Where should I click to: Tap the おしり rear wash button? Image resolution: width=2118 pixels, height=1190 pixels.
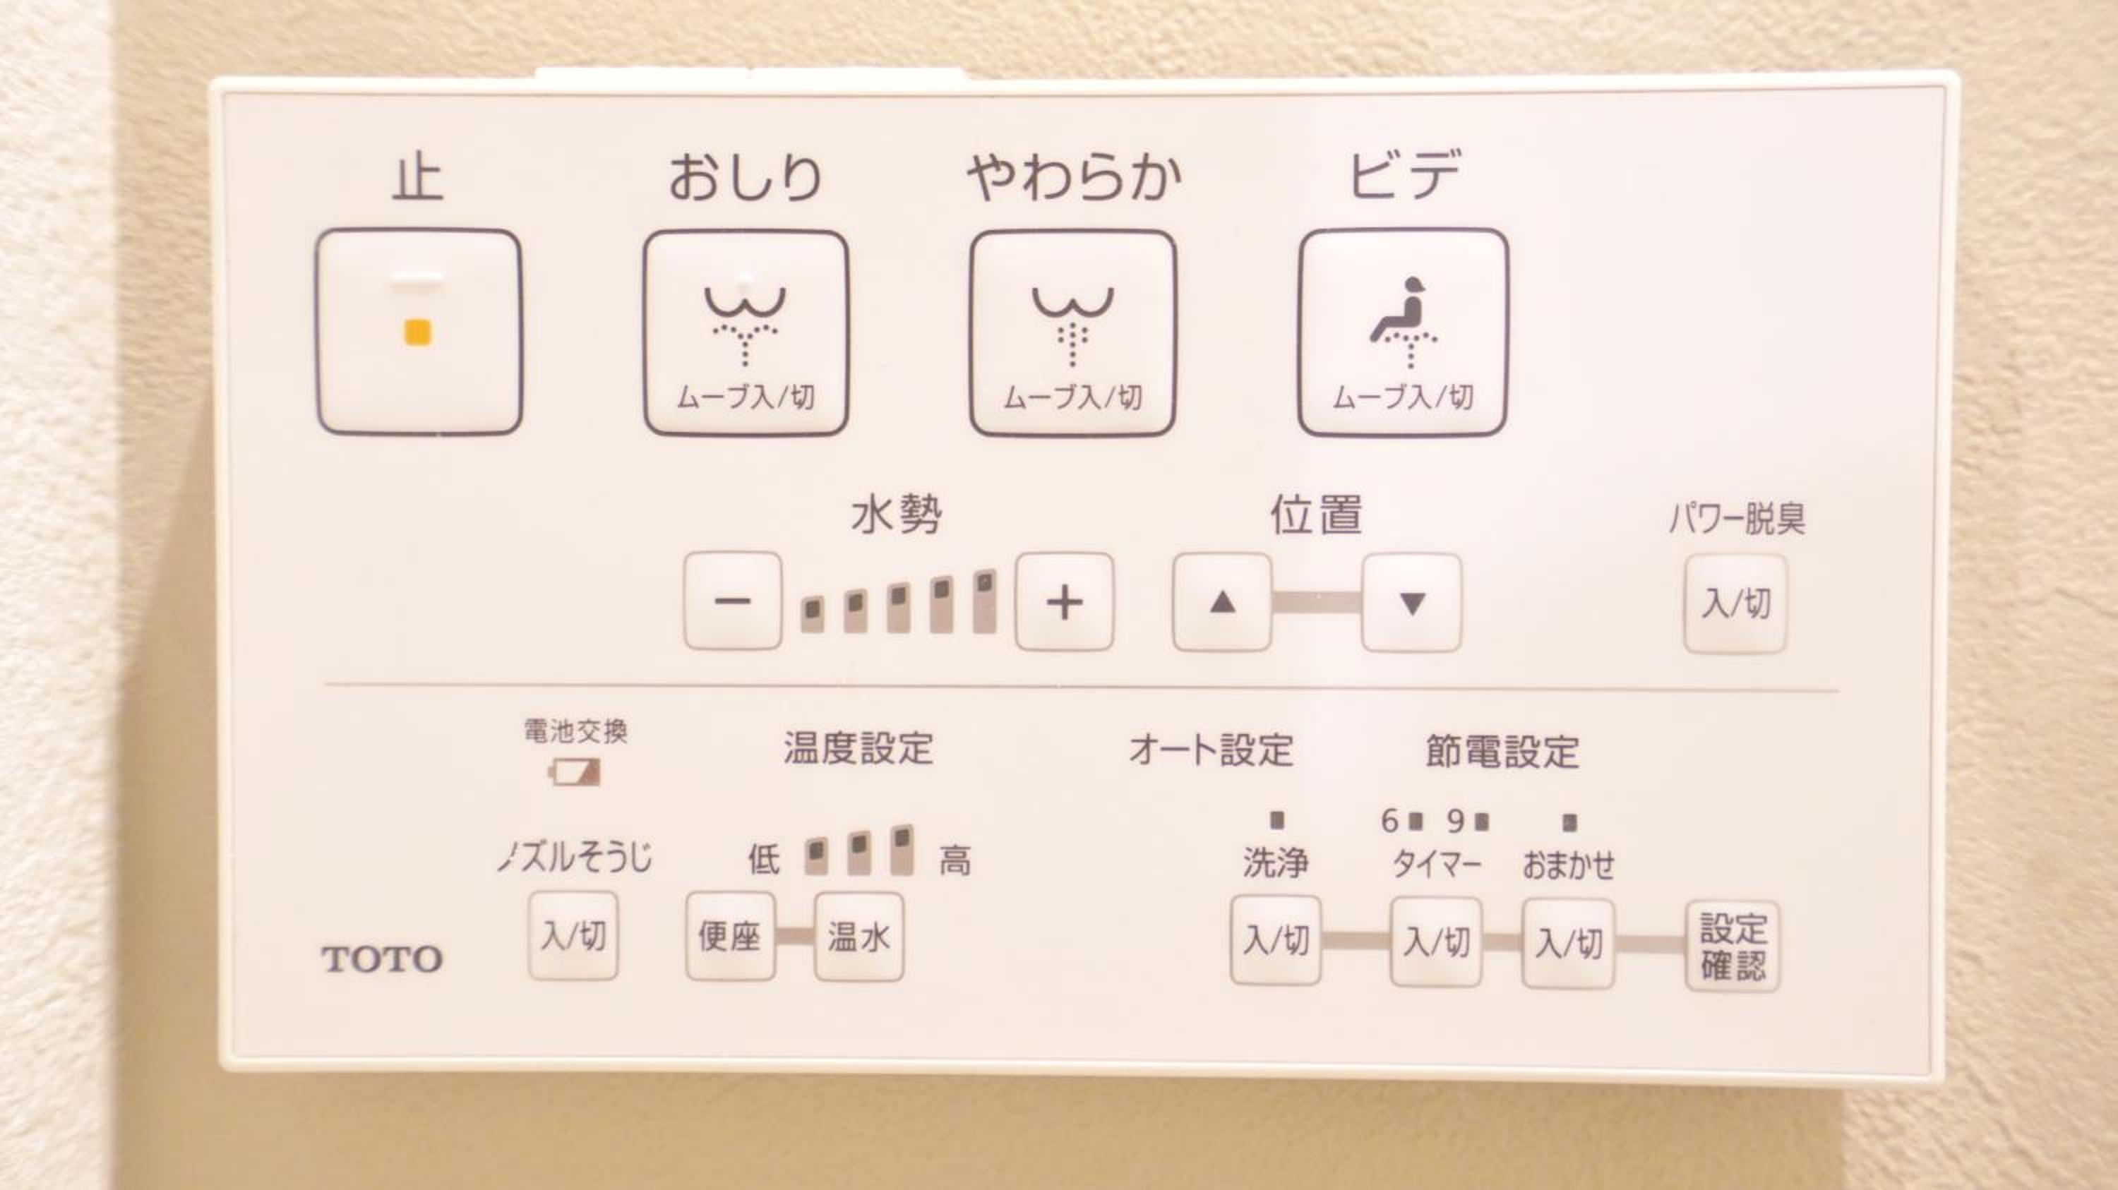(x=746, y=333)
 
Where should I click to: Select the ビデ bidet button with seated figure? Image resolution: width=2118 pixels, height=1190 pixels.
(x=1403, y=333)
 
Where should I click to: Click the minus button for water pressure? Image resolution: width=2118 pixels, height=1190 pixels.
(x=733, y=601)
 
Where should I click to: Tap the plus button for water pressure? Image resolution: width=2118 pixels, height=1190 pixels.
(x=1065, y=602)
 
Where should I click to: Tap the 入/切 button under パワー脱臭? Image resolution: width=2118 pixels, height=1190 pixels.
(x=1735, y=604)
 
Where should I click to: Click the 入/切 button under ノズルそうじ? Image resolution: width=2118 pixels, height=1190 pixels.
(x=573, y=935)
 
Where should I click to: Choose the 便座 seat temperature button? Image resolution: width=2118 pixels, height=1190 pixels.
(x=730, y=937)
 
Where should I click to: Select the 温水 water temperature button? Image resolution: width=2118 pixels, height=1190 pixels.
(x=858, y=937)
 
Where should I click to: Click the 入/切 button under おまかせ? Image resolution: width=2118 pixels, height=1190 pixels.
(x=1568, y=944)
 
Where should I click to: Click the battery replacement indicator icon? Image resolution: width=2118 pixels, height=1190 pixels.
(x=575, y=773)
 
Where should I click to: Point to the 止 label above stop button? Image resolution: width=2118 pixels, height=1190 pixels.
(x=418, y=179)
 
